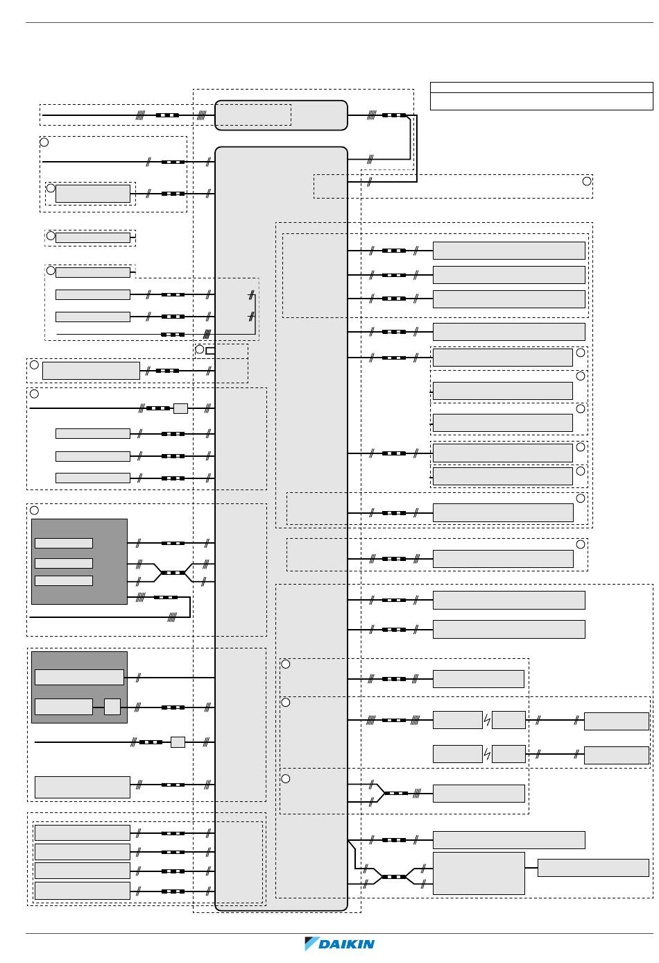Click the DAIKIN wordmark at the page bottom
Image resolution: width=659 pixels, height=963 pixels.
point(346,944)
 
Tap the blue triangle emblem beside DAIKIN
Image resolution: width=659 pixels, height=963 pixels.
point(311,944)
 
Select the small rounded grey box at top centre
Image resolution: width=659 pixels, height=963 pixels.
point(281,115)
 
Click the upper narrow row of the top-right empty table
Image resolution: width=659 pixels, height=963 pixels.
point(541,87)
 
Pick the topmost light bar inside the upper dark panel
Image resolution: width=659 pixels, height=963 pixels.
point(64,543)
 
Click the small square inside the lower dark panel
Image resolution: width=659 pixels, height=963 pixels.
point(112,707)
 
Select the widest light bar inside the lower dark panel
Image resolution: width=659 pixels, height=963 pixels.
point(80,677)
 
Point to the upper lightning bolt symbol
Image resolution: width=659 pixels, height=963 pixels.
point(487,720)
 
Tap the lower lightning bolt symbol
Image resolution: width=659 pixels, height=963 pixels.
point(487,753)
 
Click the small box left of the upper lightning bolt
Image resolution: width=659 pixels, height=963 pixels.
point(458,720)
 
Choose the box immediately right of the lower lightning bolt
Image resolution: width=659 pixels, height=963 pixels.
point(508,753)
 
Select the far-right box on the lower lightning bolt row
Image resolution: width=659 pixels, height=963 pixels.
point(617,755)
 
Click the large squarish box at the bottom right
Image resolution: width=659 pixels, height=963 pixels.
point(479,873)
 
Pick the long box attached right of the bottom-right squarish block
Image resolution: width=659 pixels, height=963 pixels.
point(593,868)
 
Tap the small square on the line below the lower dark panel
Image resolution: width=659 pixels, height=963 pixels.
point(178,742)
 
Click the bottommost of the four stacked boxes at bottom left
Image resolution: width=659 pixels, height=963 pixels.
point(83,891)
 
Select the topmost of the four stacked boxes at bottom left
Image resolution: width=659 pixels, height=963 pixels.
point(83,832)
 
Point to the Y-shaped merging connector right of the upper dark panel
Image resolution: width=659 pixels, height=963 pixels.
point(173,573)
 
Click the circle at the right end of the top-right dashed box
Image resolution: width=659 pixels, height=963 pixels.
point(587,181)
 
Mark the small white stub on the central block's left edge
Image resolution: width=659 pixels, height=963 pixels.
point(210,351)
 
